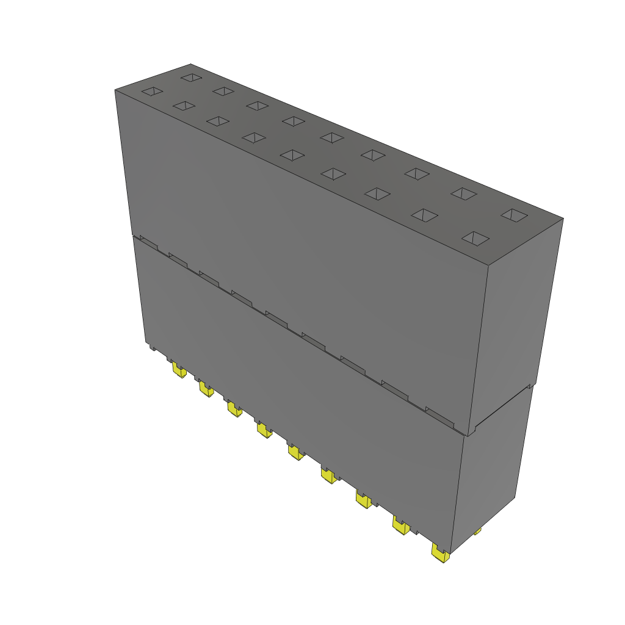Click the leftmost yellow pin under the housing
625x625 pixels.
178,370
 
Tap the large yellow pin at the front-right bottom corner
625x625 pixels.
439,553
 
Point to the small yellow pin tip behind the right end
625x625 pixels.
477,532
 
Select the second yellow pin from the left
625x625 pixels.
205,389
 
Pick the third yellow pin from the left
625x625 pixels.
234,408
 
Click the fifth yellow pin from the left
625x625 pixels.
295,452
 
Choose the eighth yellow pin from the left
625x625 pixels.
400,525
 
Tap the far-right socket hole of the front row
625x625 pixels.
476,239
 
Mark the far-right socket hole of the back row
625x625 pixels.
515,215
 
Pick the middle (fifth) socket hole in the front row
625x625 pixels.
292,155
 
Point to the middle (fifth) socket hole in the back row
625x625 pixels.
331,137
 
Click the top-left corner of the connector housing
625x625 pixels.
115,90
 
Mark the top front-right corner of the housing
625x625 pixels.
487,266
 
